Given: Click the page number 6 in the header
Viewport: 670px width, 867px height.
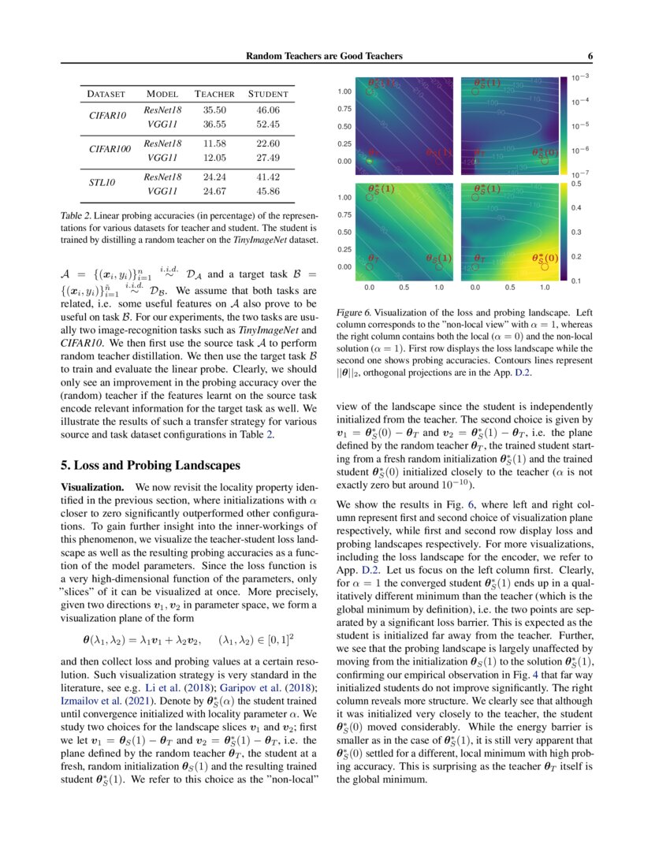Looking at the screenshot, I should (x=590, y=56).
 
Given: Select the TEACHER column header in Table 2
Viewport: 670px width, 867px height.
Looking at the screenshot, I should (x=215, y=95).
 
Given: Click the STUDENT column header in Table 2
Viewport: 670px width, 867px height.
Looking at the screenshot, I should (x=268, y=95).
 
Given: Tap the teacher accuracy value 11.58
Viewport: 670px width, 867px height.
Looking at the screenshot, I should (x=215, y=143).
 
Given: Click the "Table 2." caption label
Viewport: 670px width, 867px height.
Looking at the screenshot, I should (x=77, y=215).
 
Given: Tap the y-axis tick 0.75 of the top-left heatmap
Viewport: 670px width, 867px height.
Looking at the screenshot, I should (x=344, y=109).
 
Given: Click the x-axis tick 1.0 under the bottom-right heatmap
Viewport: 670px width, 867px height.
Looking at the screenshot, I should (x=545, y=288).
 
